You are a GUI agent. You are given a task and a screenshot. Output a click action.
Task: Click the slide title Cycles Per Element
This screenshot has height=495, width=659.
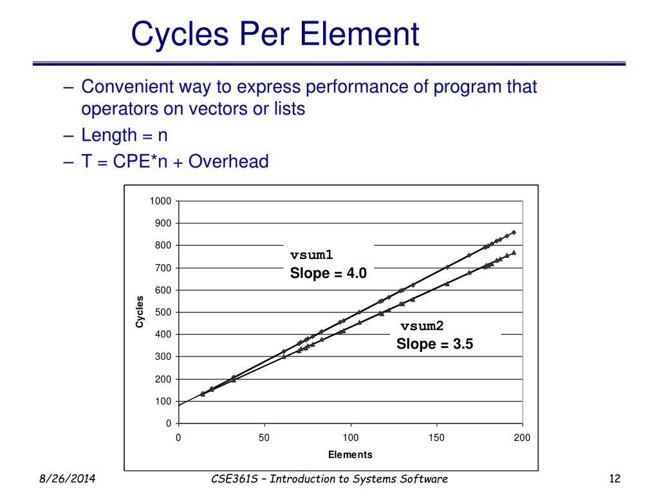pyautogui.click(x=275, y=34)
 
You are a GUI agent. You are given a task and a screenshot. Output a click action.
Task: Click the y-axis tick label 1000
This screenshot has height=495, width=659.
pyautogui.click(x=160, y=201)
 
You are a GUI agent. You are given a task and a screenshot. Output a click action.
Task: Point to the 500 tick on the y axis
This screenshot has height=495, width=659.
pyautogui.click(x=163, y=313)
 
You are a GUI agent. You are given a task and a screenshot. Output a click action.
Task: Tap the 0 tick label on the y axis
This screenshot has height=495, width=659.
pyautogui.click(x=169, y=423)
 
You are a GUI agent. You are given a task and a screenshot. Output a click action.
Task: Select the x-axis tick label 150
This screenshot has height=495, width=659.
pyautogui.click(x=436, y=438)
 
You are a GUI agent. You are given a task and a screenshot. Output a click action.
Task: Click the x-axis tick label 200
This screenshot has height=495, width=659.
pyautogui.click(x=522, y=438)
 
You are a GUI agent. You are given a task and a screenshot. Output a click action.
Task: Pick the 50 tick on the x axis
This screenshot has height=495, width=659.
pyautogui.click(x=264, y=438)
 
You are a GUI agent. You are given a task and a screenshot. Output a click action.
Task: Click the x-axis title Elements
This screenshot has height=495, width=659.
pyautogui.click(x=350, y=455)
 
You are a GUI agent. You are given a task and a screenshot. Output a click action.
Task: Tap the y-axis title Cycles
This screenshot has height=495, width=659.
pyautogui.click(x=140, y=312)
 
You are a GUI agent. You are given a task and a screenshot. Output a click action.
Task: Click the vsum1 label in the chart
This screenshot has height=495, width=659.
pyautogui.click(x=311, y=255)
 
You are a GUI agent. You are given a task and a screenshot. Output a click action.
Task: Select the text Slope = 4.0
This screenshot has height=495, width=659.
pyautogui.click(x=328, y=273)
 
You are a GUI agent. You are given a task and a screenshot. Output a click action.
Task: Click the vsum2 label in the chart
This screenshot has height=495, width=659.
pyautogui.click(x=423, y=326)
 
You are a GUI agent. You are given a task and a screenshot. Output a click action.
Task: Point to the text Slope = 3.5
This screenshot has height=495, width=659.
pyautogui.click(x=434, y=344)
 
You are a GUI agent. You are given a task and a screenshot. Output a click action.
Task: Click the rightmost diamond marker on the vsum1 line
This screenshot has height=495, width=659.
pyautogui.click(x=514, y=232)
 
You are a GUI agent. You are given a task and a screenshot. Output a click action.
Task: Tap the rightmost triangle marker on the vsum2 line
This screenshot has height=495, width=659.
pyautogui.click(x=514, y=253)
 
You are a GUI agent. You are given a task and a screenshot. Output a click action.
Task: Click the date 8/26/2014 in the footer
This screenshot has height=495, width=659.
pyautogui.click(x=63, y=479)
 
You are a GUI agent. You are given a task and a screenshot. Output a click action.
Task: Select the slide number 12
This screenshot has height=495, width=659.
pyautogui.click(x=613, y=479)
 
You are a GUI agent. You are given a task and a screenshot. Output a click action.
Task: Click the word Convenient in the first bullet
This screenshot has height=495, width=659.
pyautogui.click(x=126, y=86)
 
